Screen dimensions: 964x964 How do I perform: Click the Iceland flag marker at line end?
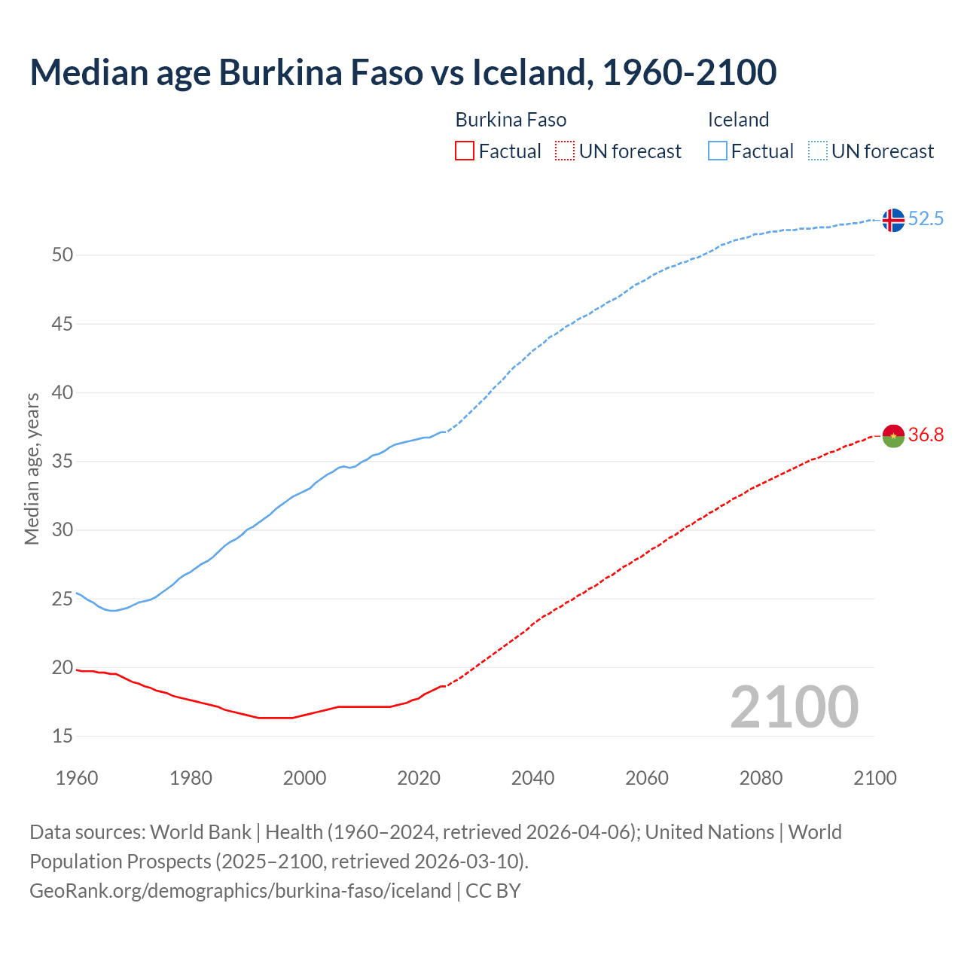(x=892, y=220)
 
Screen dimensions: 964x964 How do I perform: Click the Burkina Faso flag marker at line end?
(x=892, y=435)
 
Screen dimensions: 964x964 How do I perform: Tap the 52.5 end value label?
(x=926, y=219)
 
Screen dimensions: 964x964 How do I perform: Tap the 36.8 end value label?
(x=926, y=435)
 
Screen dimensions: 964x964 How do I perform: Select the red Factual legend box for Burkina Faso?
(x=465, y=151)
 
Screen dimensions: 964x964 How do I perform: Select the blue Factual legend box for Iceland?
(x=717, y=151)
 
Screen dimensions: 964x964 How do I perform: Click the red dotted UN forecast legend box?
(x=565, y=151)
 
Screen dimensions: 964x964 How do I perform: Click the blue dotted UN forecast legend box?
(x=817, y=151)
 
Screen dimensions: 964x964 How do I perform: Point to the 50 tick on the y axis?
(x=63, y=255)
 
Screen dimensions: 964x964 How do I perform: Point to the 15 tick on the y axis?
(x=63, y=736)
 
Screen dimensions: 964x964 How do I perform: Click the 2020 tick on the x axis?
(x=419, y=778)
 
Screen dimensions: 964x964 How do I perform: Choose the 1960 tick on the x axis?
(x=77, y=778)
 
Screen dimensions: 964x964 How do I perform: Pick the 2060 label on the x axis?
(x=647, y=778)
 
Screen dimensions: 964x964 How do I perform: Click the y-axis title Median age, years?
(x=32, y=468)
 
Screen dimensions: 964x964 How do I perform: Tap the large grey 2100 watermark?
(x=794, y=707)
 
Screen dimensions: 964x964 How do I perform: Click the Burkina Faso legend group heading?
(x=511, y=120)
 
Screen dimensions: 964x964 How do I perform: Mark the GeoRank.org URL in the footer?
(x=240, y=891)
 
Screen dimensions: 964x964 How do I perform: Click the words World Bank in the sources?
(x=200, y=832)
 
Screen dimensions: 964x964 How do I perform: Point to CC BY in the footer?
(x=493, y=891)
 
